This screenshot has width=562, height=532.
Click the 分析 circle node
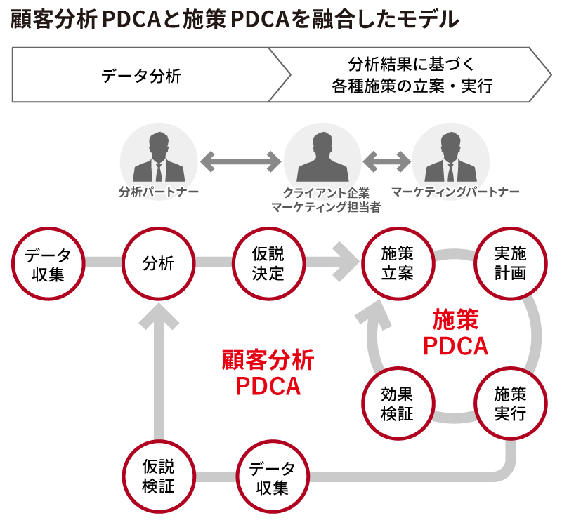158,263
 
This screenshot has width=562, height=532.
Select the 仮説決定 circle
268,263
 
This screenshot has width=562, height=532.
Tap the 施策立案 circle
398,263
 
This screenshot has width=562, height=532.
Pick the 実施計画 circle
510,263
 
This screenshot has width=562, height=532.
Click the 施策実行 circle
510,403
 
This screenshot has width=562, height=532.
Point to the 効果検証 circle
398,403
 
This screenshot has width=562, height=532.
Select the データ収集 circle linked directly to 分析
48,263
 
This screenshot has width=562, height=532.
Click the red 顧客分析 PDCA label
268,373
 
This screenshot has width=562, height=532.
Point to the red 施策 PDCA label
455,333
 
